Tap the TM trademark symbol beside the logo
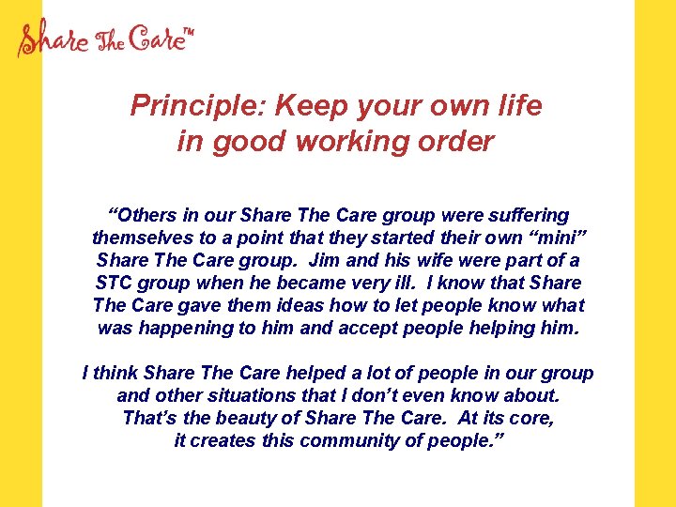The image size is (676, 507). (x=188, y=34)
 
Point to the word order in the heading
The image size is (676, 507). (x=459, y=142)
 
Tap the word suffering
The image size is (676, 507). (x=526, y=216)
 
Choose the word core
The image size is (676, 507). (x=530, y=419)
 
